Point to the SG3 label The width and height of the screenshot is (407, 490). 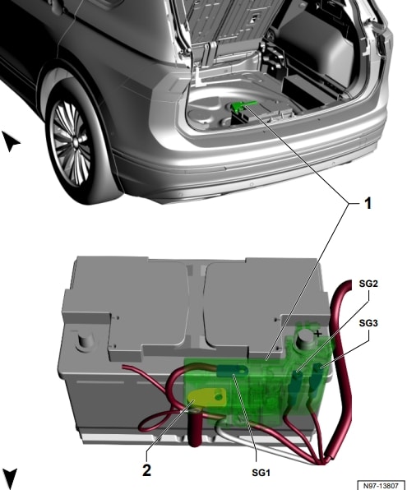coord(368,325)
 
